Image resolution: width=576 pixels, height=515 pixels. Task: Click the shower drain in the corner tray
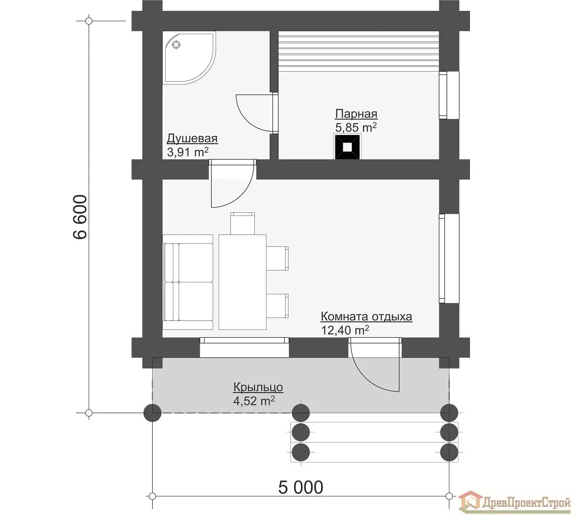[177, 45]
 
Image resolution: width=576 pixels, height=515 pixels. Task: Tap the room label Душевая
[192, 138]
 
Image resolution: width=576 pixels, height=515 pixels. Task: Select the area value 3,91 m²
[188, 152]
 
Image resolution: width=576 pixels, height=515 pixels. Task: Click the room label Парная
[356, 113]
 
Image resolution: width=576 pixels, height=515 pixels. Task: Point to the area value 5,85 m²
[356, 127]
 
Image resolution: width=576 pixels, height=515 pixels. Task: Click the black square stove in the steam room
[347, 147]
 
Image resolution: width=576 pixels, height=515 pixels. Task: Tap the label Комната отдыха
[366, 317]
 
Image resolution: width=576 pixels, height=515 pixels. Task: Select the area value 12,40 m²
[345, 330]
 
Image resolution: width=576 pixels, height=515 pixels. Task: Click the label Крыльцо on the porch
[258, 387]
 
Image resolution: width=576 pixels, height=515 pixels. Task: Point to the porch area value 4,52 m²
[254, 401]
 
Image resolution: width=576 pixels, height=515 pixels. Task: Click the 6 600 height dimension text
[80, 217]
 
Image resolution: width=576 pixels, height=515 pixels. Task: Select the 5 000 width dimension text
[300, 488]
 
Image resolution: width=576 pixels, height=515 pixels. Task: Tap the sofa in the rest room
[188, 282]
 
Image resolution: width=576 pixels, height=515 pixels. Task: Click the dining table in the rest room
[242, 282]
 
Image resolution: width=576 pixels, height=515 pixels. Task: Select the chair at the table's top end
[242, 223]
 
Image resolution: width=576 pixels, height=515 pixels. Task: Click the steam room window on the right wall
[449, 95]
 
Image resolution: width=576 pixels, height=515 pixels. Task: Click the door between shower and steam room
[257, 113]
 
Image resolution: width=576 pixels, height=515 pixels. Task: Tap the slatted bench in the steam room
[359, 51]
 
